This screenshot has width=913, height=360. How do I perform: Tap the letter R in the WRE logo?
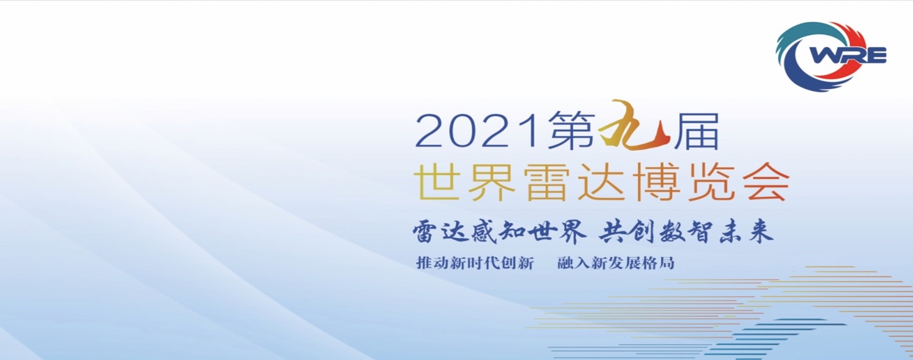pos(852,55)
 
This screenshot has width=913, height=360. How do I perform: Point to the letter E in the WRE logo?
pos(876,55)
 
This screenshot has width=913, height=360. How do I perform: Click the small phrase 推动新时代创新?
pos(475,263)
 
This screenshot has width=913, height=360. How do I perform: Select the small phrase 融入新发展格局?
pos(616,263)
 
